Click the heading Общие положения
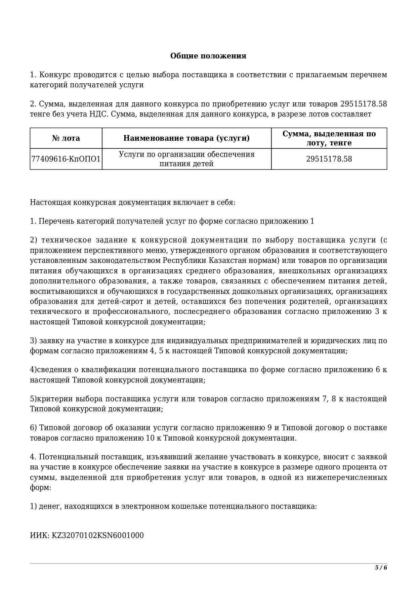click(208, 56)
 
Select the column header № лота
click(66, 138)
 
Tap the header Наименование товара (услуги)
click(186, 138)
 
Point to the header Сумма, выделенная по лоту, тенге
click(329, 138)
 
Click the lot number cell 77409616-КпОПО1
click(66, 159)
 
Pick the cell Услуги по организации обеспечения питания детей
click(186, 159)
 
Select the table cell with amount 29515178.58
click(329, 159)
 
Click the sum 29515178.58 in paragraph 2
click(364, 104)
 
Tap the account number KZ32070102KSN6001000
click(97, 535)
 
